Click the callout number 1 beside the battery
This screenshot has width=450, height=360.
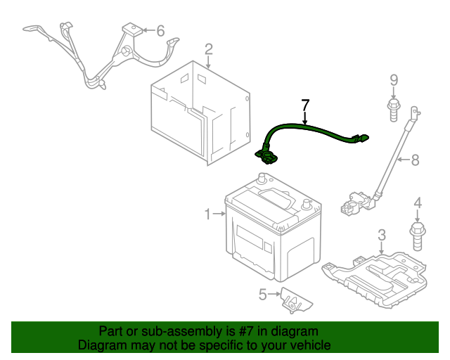208,214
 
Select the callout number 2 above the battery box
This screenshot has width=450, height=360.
208,49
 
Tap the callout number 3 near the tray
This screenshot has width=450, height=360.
382,234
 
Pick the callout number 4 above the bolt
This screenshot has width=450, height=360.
418,204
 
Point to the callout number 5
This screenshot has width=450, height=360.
263,295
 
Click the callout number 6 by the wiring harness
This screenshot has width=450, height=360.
160,30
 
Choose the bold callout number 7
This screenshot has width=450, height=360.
305,105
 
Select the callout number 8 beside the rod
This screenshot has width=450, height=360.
415,160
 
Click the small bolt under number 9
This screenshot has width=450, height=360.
393,109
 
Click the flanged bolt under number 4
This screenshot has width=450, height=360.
417,234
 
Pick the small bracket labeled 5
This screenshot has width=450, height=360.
295,300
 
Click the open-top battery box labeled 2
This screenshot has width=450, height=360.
200,112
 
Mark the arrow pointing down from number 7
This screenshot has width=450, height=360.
305,119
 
